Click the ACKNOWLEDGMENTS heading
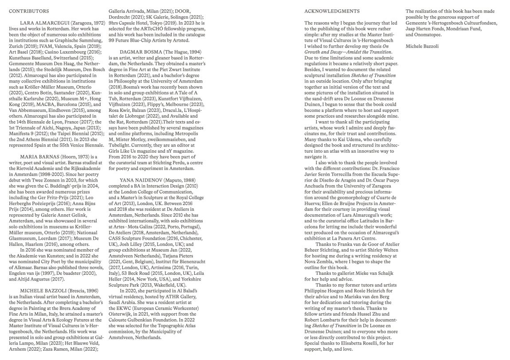coord(332,10)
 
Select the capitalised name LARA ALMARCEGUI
coord(43,22)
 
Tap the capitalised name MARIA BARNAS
coord(39,157)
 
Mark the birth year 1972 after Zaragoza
coord(99,22)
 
